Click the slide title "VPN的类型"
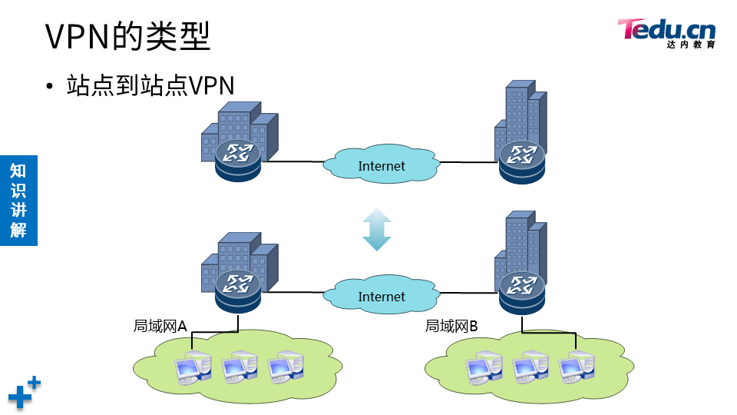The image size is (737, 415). point(127,36)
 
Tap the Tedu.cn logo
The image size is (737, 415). point(666,33)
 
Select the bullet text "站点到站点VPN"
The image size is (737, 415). point(150,85)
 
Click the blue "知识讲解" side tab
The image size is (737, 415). point(18,201)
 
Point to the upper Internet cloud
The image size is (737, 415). point(382,164)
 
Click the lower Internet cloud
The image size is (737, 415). point(382,295)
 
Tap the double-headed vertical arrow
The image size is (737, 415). point(377,229)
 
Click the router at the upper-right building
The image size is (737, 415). point(522,162)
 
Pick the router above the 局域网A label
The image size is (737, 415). point(238,291)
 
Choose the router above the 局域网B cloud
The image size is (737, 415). point(522,293)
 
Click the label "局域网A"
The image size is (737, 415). point(160,326)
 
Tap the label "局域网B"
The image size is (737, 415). point(451,326)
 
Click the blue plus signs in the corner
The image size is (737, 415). point(25,393)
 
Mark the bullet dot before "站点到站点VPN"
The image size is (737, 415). point(50,86)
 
